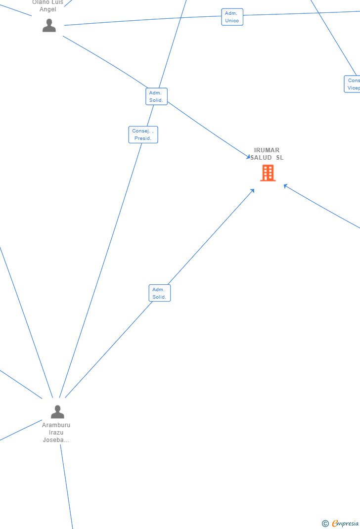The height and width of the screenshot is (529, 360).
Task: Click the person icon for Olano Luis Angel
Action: click(49, 25)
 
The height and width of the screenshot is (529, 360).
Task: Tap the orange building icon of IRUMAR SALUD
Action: click(268, 173)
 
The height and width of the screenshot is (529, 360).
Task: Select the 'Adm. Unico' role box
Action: click(232, 17)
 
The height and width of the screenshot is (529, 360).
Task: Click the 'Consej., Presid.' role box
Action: click(143, 134)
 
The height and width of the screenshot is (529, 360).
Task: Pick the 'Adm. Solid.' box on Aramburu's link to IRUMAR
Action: click(159, 293)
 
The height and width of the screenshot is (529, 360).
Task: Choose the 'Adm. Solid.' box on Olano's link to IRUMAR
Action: click(156, 96)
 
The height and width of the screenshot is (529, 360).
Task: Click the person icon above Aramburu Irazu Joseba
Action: click(57, 411)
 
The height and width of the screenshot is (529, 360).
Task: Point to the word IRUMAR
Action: click(267, 150)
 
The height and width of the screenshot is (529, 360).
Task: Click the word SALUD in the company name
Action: click(261, 158)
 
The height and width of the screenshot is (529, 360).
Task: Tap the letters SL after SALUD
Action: click(280, 158)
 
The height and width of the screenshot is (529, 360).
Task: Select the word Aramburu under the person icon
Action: click(56, 425)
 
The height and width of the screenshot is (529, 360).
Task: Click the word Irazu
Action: click(56, 433)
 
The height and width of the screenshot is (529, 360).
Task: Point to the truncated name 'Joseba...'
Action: click(56, 440)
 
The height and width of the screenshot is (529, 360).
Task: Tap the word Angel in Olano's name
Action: click(48, 9)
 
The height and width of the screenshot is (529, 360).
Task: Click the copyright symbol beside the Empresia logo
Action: click(325, 523)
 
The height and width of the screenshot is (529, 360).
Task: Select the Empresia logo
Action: click(345, 523)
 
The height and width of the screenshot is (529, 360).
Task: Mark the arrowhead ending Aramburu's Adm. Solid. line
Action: click(252, 191)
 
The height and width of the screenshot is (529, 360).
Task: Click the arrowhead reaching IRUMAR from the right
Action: click(285, 186)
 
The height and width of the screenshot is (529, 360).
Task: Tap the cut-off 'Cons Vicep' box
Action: click(353, 84)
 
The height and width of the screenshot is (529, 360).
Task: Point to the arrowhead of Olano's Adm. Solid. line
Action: click(249, 157)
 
